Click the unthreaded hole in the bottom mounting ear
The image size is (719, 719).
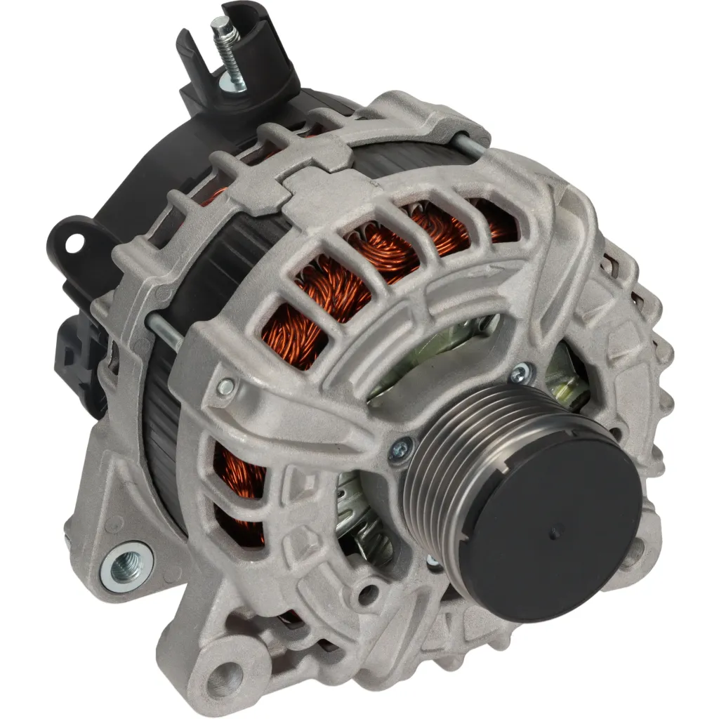(223, 665)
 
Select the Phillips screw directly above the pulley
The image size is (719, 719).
(520, 372)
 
